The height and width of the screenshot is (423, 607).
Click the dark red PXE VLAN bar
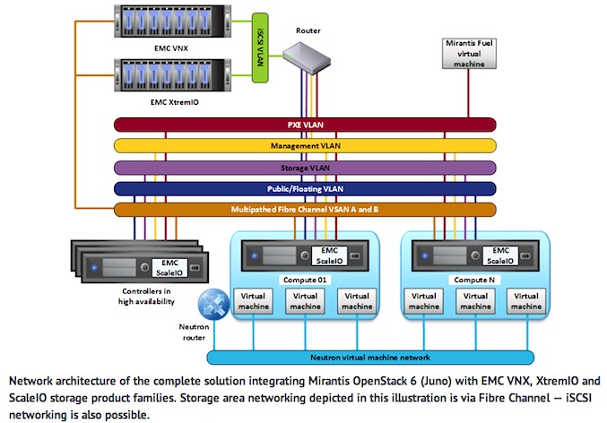[x=305, y=125]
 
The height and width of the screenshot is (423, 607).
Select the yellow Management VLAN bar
[x=305, y=145]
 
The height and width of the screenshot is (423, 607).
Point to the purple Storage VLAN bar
[x=305, y=167]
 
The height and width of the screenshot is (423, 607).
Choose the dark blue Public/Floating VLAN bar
[x=305, y=188]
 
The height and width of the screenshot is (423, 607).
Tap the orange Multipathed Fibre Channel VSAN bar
[x=305, y=210]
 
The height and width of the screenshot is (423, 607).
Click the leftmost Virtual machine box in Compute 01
[x=250, y=300]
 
